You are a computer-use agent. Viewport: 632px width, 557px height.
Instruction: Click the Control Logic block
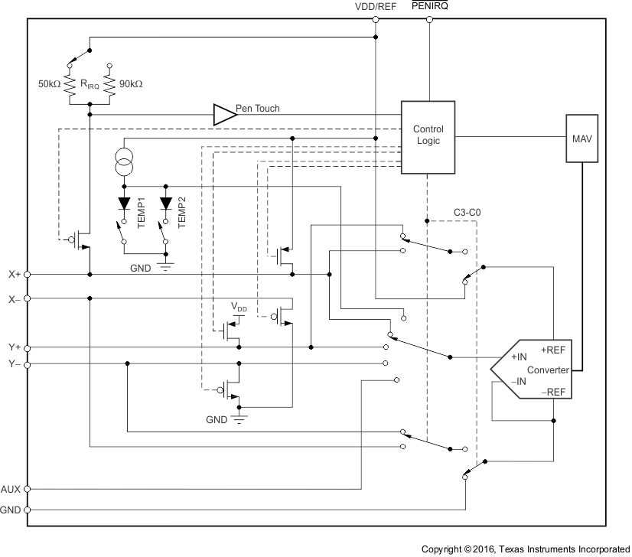[x=428, y=135]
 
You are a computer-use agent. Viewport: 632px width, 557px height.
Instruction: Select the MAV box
[x=582, y=138]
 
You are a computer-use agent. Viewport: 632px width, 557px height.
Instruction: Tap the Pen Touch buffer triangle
[x=223, y=115]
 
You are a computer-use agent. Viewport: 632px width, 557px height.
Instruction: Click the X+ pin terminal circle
[x=28, y=273]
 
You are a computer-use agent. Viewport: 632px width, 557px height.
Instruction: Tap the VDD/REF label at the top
[x=375, y=7]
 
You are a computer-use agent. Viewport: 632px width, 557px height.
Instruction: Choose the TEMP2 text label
[x=182, y=208]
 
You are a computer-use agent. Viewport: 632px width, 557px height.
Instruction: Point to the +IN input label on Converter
[x=517, y=357]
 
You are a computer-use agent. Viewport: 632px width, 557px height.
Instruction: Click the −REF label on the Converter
[x=553, y=391]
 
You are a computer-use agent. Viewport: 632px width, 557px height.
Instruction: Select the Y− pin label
[x=15, y=365]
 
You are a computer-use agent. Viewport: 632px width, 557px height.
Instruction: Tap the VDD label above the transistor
[x=239, y=308]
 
